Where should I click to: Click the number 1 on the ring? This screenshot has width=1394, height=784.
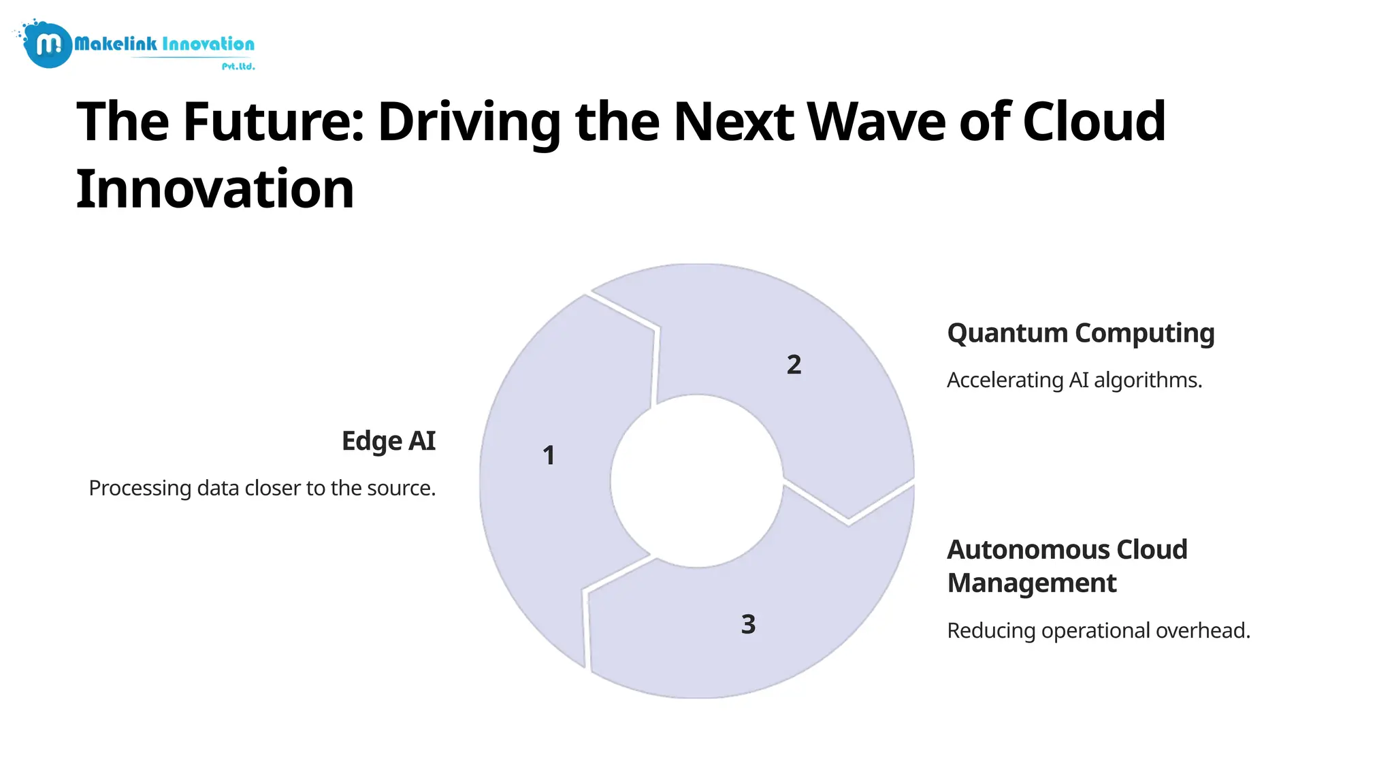tap(549, 455)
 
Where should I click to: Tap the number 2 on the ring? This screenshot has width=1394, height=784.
tap(794, 365)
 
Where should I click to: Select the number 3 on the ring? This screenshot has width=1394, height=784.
tap(748, 624)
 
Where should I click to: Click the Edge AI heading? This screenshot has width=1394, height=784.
tap(388, 441)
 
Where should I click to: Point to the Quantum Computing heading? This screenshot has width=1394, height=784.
tap(1080, 333)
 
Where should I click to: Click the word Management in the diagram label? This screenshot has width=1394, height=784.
tap(1031, 583)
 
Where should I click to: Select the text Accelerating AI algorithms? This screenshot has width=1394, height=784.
tap(1074, 380)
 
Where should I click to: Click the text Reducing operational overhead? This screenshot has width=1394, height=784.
tap(1098, 631)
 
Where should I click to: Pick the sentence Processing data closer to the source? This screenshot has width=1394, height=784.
tap(262, 489)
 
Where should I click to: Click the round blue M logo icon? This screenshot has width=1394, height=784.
tap(48, 45)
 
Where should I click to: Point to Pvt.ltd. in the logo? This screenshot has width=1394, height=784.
tap(238, 66)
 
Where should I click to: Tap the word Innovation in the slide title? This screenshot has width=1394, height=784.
tap(215, 189)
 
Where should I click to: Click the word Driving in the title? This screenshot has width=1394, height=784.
tap(469, 122)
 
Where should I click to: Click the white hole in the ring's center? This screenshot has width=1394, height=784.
tap(696, 481)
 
